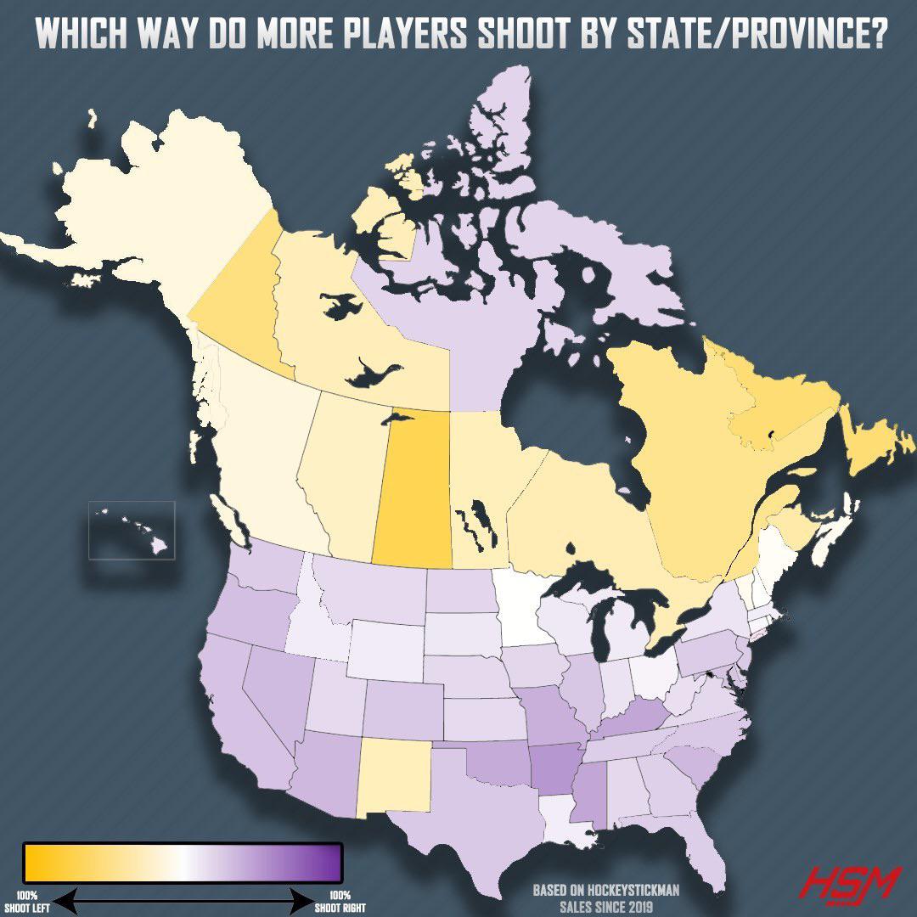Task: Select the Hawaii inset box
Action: coord(132,530)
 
